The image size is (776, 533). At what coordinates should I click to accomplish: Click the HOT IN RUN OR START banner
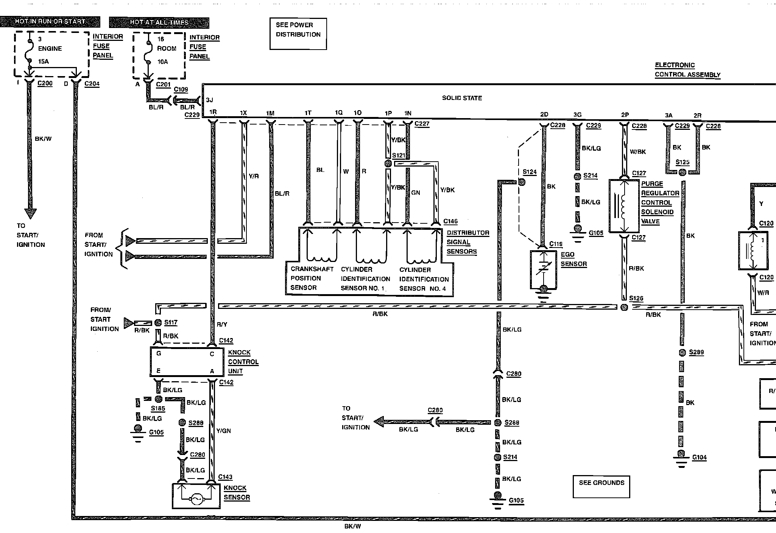coord(50,22)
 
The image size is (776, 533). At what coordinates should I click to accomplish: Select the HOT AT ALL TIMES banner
coord(159,22)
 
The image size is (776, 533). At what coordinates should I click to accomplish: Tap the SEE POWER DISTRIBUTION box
coord(298,34)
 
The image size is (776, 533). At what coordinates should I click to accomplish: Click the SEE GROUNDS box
coord(601,486)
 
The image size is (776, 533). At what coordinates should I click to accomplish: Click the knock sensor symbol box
coord(196,496)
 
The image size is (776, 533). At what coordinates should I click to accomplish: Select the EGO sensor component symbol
coord(544,270)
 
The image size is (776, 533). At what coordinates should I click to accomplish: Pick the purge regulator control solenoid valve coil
coord(624,206)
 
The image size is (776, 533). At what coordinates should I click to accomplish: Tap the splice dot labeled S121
coord(388,164)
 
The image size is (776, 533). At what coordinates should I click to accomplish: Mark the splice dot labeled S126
coord(624,307)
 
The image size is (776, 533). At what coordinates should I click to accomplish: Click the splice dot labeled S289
coord(682,352)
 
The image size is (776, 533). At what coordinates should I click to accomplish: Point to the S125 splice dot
coord(682,173)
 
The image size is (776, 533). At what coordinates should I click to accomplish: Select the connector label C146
coord(450,221)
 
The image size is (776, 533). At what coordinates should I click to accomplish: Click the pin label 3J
coord(209,100)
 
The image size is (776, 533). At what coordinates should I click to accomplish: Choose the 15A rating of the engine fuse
coord(44,61)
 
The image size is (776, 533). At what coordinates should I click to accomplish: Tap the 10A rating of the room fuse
coord(162,62)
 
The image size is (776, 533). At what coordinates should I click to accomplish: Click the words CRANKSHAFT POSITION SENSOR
coord(312,278)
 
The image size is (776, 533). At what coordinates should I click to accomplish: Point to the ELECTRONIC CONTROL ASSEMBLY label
coord(687,70)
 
